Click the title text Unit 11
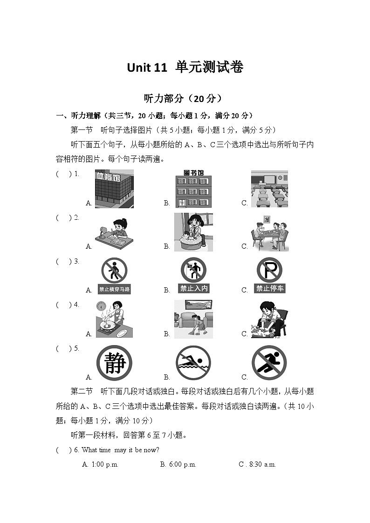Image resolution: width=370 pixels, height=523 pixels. [x=146, y=68]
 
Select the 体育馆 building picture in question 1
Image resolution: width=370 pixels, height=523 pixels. [x=114, y=189]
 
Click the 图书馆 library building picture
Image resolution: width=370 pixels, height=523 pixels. [x=193, y=189]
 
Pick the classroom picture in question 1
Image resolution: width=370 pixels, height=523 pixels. [x=270, y=189]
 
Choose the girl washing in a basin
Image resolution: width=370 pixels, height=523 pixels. [x=193, y=232]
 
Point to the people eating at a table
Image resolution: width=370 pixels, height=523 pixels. [x=270, y=233]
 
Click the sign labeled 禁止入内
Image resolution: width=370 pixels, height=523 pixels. [x=193, y=275]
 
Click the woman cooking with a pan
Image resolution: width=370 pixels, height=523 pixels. [x=115, y=319]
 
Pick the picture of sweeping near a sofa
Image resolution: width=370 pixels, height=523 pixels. [x=193, y=319]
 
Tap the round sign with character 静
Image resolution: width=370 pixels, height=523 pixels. [x=115, y=363]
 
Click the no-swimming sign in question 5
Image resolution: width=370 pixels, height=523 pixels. [x=193, y=363]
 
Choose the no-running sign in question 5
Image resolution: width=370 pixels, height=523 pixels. [x=269, y=363]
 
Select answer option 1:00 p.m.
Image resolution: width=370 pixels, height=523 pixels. [x=100, y=464]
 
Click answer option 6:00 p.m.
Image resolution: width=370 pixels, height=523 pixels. [x=178, y=464]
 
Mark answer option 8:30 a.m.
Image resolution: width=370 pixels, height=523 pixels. [x=257, y=464]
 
